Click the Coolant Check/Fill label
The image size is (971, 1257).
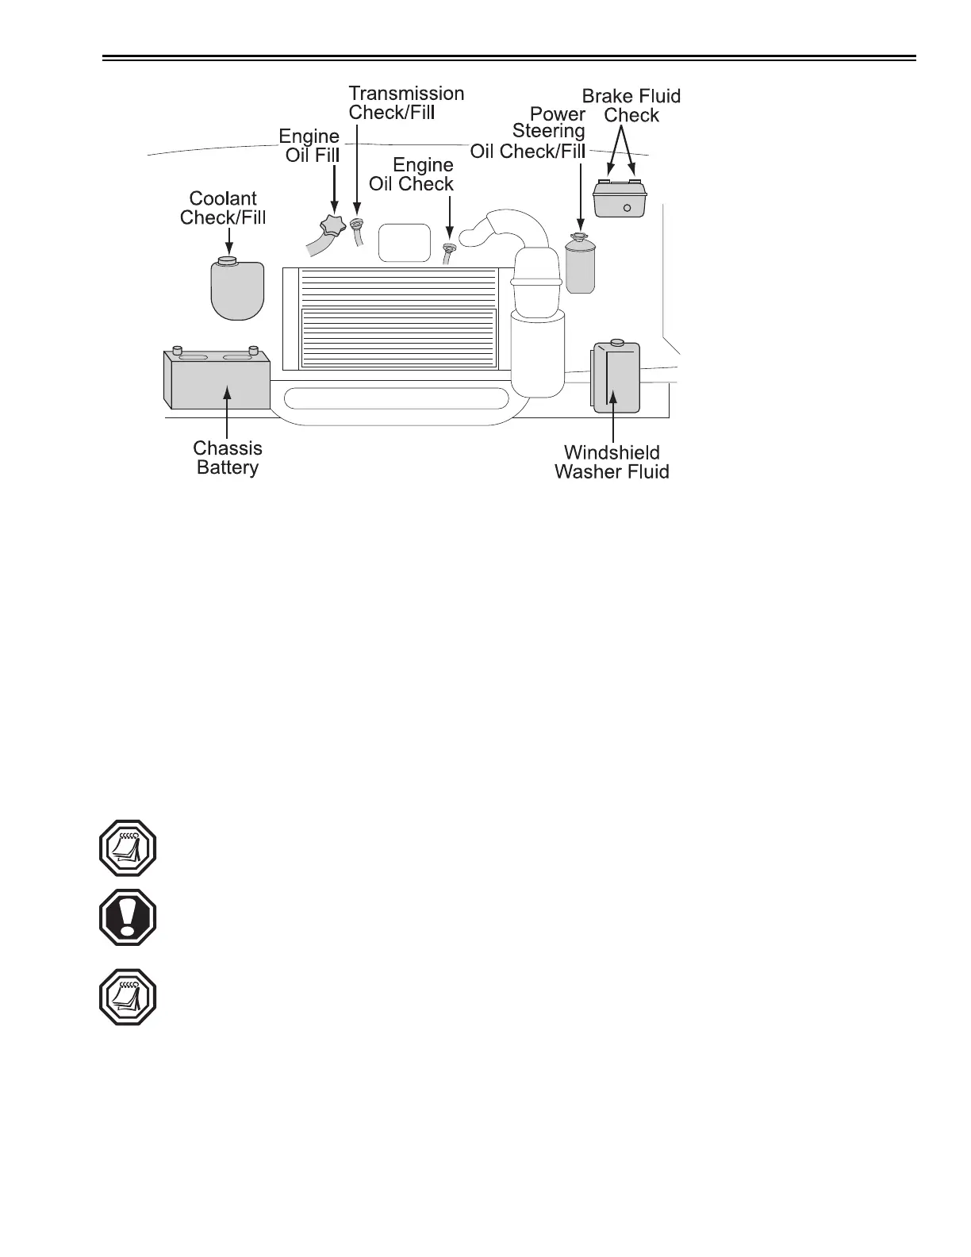coord(223,208)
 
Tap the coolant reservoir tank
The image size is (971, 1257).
coord(236,290)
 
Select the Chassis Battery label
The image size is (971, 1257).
coord(228,458)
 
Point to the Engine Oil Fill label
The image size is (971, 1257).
coord(309,145)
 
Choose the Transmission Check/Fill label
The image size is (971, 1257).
coord(405,102)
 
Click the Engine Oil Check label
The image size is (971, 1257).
coord(413,175)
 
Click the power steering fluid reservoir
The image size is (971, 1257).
coord(580,265)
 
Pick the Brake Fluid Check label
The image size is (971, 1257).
coord(631,106)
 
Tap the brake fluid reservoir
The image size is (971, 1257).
coord(620,198)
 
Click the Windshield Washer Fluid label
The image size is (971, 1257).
coord(612,462)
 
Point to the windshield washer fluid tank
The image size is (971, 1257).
coord(615,378)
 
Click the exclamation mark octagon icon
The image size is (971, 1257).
coord(128,917)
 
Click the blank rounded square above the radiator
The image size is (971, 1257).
coord(405,243)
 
